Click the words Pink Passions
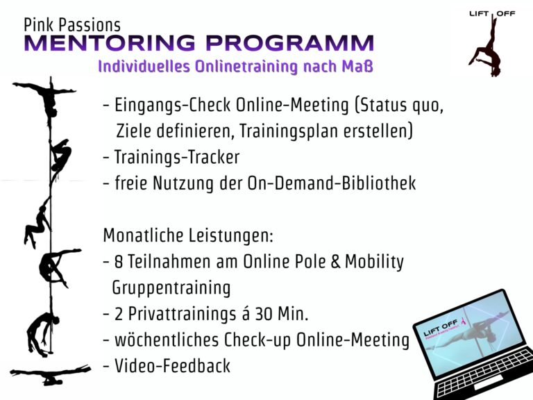[72, 26]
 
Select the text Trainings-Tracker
[177, 157]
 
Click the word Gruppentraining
[171, 287]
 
